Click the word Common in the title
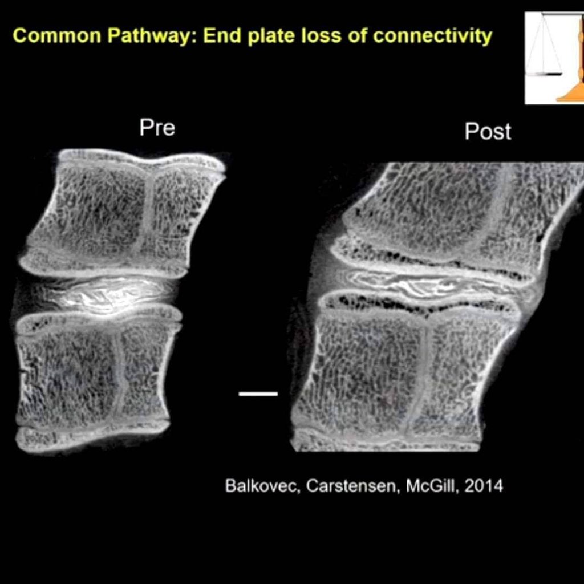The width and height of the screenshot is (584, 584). pyautogui.click(x=56, y=36)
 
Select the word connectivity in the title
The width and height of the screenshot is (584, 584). pyautogui.click(x=432, y=36)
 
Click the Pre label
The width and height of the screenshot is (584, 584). pyautogui.click(x=157, y=128)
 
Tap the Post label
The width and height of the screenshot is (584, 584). pyautogui.click(x=488, y=132)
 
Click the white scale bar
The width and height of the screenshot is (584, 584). pyautogui.click(x=258, y=394)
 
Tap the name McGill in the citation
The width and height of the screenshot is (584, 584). pyautogui.click(x=432, y=486)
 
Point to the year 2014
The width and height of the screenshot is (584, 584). pyautogui.click(x=484, y=486)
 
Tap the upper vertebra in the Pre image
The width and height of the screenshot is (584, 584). pyautogui.click(x=123, y=212)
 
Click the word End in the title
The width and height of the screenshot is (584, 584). pyautogui.click(x=223, y=36)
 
